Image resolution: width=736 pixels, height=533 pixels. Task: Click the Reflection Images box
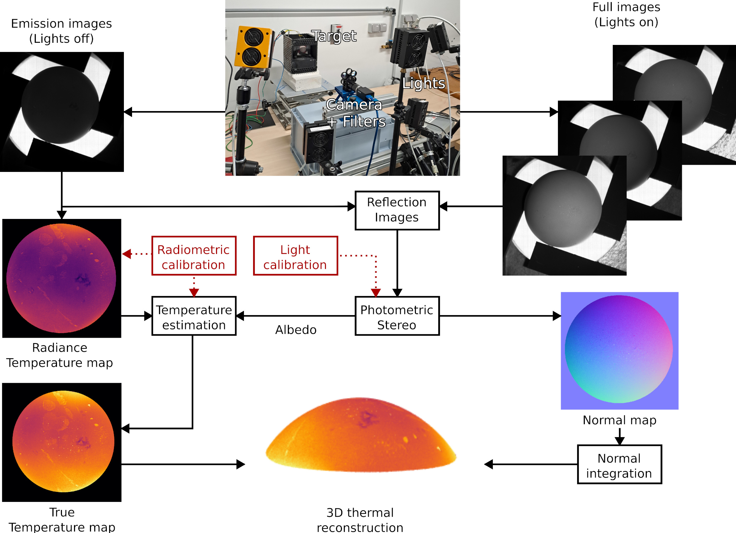[397, 210]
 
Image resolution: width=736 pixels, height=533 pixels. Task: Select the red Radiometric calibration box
[194, 256]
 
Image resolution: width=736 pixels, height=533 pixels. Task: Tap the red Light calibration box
[295, 256]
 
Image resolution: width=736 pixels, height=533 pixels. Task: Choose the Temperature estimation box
[194, 316]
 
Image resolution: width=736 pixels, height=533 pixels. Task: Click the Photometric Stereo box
[397, 316]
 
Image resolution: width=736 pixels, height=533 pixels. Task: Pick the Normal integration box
[619, 464]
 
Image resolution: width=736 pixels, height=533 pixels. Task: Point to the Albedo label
[296, 330]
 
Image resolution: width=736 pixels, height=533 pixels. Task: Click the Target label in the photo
[334, 36]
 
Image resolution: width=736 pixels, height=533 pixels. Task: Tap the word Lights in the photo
[423, 83]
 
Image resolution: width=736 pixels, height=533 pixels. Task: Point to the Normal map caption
[620, 420]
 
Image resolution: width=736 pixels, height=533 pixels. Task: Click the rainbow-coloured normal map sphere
[619, 349]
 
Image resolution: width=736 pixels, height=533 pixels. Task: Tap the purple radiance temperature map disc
[61, 278]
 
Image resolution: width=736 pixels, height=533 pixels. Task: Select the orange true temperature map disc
[63, 441]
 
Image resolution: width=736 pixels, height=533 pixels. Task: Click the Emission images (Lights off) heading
[61, 31]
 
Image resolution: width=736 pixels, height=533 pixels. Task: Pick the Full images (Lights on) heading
[626, 15]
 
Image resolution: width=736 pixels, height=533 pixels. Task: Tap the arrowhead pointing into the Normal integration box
[620, 441]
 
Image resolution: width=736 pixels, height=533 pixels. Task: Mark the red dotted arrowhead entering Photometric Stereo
[376, 292]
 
